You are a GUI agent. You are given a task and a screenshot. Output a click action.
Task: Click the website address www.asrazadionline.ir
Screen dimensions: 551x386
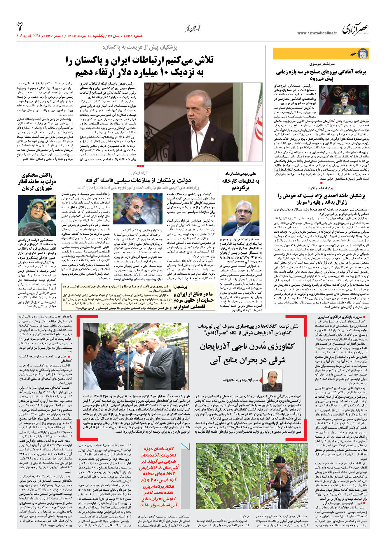pos(317,33)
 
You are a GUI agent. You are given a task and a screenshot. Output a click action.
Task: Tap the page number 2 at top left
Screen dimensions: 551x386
pos(20,27)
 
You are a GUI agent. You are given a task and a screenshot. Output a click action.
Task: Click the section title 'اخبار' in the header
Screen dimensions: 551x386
pos(192,29)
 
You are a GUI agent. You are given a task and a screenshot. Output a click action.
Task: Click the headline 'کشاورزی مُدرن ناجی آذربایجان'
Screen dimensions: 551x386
pos(247,346)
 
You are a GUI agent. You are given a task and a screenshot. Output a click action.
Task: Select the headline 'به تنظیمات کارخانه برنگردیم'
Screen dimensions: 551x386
pos(240,184)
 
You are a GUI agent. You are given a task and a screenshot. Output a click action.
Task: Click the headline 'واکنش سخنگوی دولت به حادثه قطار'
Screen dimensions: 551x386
pos(37,182)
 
